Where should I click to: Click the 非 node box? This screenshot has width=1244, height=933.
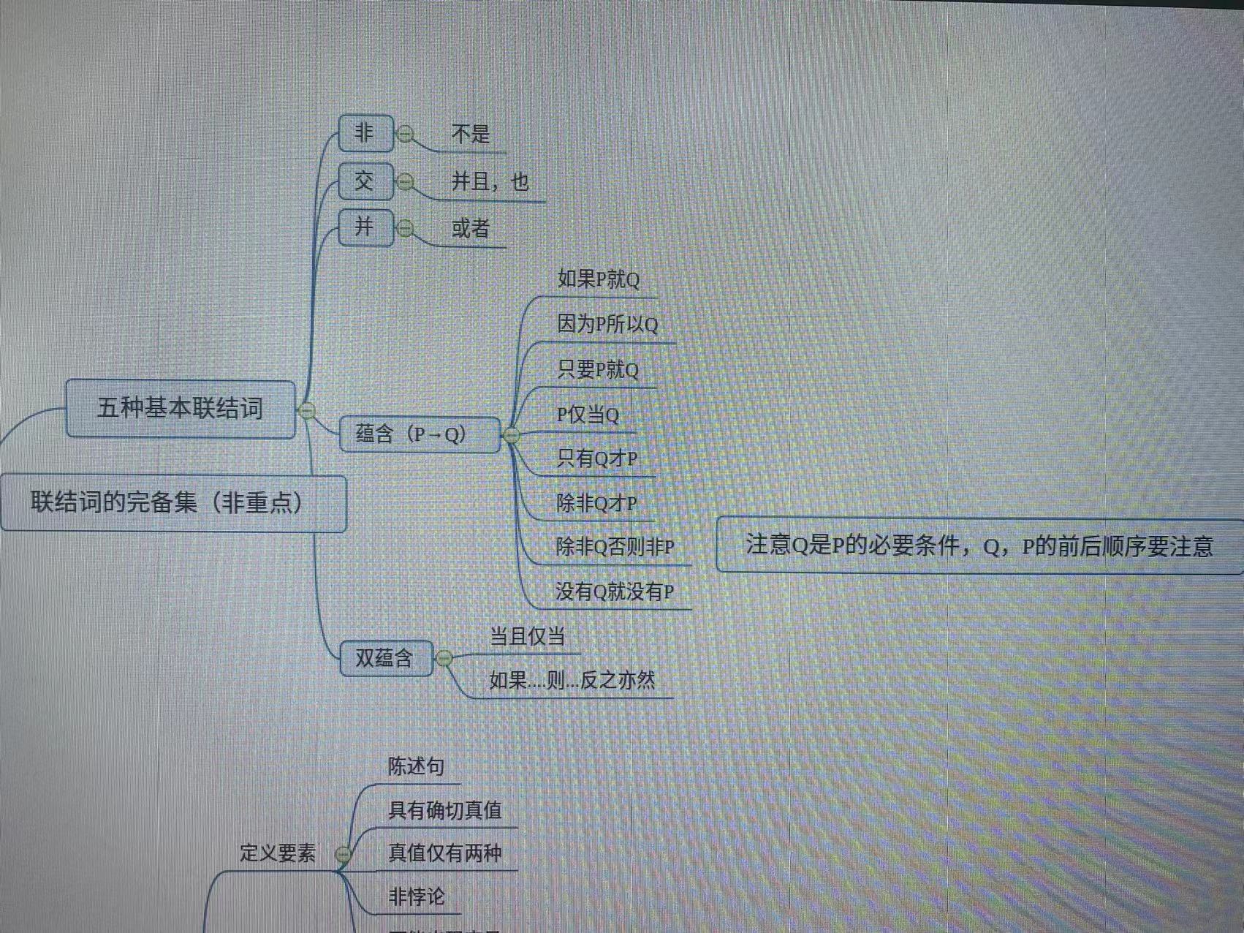pos(365,133)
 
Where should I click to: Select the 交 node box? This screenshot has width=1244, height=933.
pos(365,181)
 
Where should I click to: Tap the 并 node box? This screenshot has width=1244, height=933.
pos(365,227)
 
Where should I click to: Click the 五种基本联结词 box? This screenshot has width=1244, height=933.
pos(181,409)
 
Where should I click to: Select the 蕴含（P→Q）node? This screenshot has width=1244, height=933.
pos(420,434)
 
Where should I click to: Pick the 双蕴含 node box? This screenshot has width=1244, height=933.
pos(386,658)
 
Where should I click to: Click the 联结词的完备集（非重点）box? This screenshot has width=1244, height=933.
pos(172,503)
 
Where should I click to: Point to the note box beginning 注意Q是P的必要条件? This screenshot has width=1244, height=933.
pos(979,545)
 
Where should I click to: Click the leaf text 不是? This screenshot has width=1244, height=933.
pos(470,134)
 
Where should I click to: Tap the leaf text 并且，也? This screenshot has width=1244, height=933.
pos(490,181)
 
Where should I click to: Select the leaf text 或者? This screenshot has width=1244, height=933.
pos(470,229)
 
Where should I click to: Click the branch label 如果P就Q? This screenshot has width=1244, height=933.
pos(598,279)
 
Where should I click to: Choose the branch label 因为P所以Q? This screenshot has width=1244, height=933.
pos(607,324)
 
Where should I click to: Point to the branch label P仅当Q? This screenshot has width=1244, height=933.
pos(588,415)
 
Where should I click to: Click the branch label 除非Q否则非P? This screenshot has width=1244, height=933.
pos(615,547)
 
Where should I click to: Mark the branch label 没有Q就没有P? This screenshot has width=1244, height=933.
pos(615,592)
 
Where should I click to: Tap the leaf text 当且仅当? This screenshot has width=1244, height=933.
pos(527,636)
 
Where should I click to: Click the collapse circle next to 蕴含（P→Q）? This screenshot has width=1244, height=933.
pos(512,436)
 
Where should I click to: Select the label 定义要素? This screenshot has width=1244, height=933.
pos(278,853)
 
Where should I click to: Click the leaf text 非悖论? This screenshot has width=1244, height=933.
pos(417,896)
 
